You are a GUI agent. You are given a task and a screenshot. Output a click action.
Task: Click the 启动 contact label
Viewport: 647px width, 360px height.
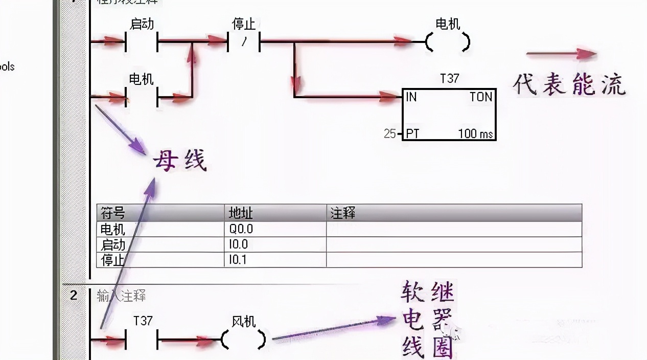click(x=142, y=24)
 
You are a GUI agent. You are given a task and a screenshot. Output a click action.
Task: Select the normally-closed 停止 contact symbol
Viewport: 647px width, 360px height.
click(x=244, y=42)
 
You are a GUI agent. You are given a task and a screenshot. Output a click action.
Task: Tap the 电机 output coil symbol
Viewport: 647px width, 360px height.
click(x=448, y=42)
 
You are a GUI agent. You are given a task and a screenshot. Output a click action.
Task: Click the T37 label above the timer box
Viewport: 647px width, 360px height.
click(x=449, y=79)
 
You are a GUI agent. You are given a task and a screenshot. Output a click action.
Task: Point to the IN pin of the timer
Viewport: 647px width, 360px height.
click(x=411, y=97)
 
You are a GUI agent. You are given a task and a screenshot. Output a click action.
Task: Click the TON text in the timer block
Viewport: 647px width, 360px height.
click(x=480, y=97)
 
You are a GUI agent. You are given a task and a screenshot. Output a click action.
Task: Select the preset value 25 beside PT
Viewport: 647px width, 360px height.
click(x=389, y=134)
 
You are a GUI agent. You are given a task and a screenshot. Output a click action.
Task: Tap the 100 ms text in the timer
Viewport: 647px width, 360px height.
click(x=475, y=134)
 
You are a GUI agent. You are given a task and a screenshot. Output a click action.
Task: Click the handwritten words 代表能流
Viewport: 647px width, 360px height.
click(x=569, y=85)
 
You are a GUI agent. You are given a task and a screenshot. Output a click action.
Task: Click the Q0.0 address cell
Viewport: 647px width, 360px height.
click(x=241, y=229)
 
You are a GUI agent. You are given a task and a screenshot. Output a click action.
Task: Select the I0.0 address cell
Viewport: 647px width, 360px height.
click(x=238, y=244)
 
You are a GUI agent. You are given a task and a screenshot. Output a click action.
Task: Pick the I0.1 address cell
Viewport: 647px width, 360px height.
click(x=238, y=260)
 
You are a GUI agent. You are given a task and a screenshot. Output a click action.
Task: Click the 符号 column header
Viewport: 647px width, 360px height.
click(x=112, y=213)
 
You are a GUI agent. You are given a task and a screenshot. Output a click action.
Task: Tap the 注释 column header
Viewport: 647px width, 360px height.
click(x=342, y=213)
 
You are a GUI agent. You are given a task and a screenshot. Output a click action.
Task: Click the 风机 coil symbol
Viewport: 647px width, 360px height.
click(x=244, y=339)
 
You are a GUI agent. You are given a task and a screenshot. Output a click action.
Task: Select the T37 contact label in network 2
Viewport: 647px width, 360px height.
click(x=143, y=321)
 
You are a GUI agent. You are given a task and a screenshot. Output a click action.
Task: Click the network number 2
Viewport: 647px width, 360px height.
click(x=74, y=295)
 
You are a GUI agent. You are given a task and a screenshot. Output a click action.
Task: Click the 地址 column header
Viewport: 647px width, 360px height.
click(x=241, y=213)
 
